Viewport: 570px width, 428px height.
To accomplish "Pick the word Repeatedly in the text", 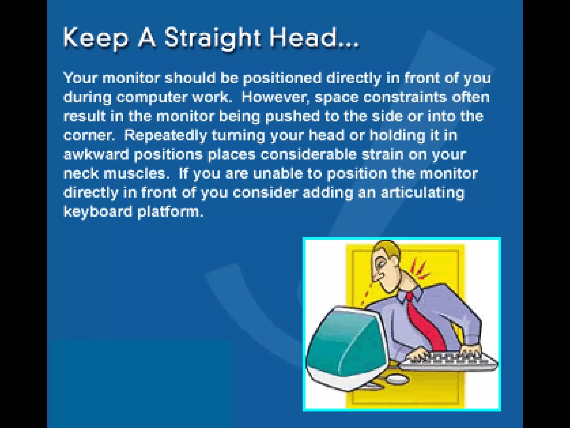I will pos(165,136).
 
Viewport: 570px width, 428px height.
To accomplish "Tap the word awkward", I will pos(96,155).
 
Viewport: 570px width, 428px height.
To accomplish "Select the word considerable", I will pos(308,155).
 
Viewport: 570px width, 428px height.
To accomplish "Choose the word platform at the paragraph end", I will pos(170,212).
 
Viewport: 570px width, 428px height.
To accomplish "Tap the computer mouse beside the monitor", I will pos(397,379).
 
